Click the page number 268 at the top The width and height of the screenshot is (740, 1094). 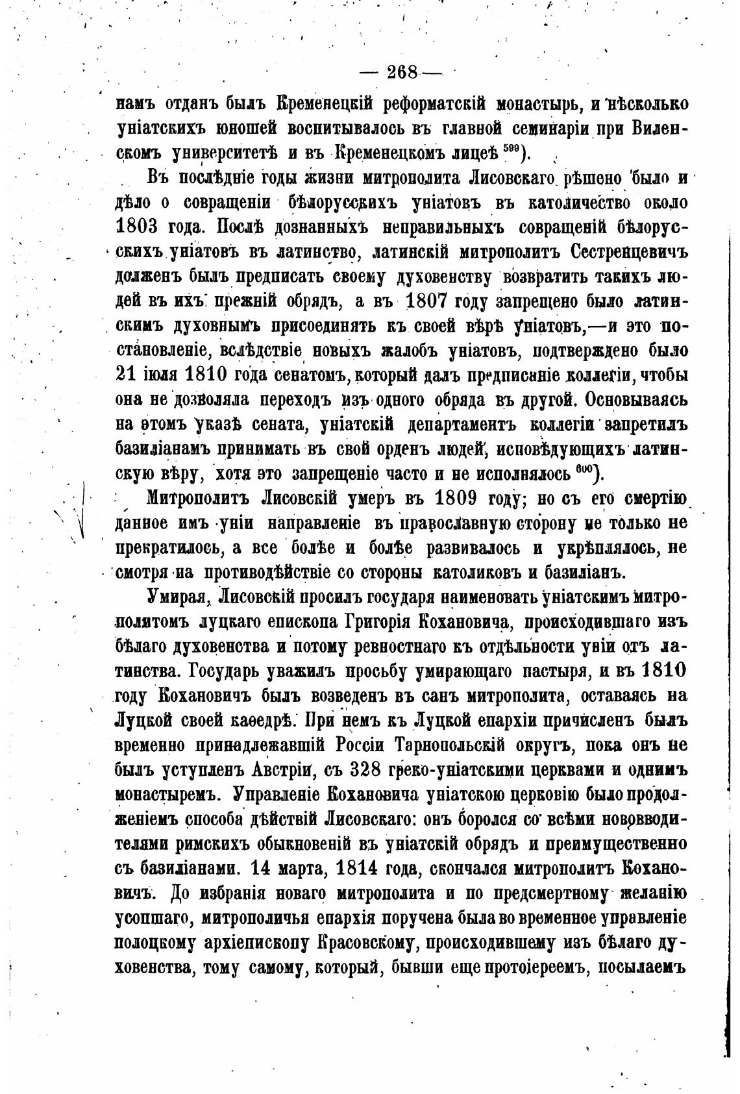click(x=402, y=73)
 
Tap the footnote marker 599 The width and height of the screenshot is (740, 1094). click(x=510, y=150)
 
